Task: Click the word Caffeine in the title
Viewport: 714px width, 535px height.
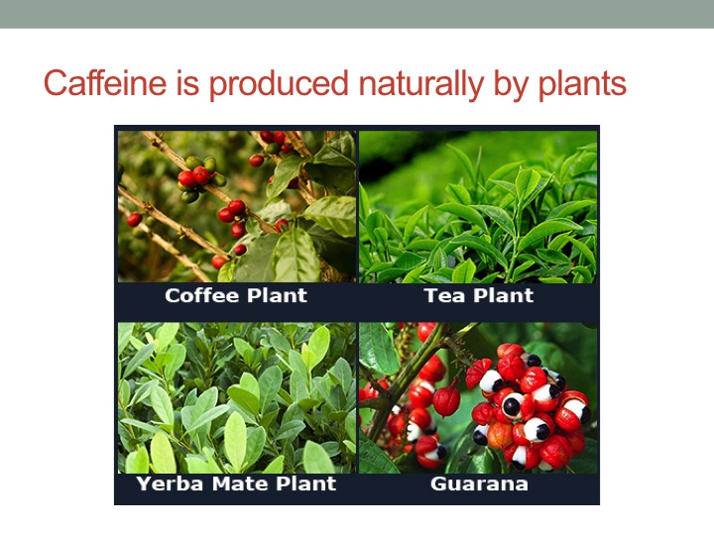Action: [105, 83]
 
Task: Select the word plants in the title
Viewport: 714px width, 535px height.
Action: [582, 85]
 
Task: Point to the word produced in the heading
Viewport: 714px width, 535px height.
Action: [279, 83]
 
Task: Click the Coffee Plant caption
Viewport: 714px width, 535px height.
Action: [236, 295]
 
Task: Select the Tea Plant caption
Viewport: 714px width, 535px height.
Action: [479, 295]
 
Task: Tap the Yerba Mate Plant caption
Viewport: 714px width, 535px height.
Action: [236, 483]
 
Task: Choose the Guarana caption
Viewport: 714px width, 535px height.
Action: [479, 483]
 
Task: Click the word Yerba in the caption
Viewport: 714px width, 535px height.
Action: [170, 483]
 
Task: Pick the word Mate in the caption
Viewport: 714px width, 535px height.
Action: [240, 483]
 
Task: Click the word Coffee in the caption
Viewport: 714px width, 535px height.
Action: [201, 295]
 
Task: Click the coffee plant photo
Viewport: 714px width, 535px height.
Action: [237, 206]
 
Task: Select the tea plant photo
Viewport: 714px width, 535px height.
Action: [478, 206]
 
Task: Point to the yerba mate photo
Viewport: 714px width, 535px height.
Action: [237, 398]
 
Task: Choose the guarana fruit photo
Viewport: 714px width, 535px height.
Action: [478, 398]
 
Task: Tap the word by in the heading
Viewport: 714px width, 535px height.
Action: [512, 85]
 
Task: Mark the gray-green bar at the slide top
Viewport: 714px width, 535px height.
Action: [357, 14]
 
